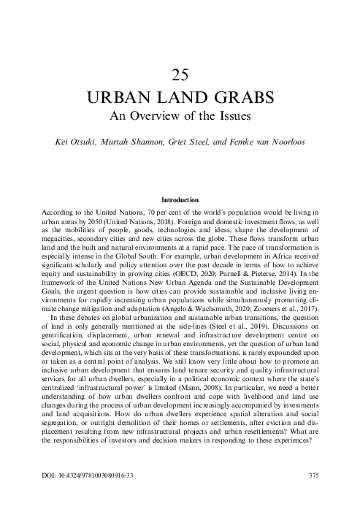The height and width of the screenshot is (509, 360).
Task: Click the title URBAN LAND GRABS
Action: tap(180, 97)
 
